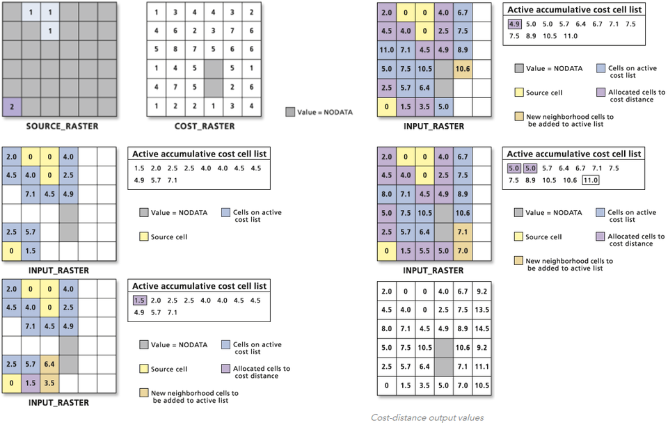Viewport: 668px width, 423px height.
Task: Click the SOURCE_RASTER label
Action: point(62,126)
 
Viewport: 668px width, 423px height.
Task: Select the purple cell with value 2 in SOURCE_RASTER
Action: point(11,106)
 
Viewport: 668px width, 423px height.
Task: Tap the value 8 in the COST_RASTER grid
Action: point(176,49)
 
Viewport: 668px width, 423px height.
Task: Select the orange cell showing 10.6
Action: point(462,68)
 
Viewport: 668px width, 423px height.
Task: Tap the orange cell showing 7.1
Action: point(462,230)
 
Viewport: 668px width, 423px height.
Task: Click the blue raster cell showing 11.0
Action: point(387,49)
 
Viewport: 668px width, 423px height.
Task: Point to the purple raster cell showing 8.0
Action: point(387,193)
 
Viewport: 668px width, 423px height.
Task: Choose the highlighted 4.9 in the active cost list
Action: point(516,24)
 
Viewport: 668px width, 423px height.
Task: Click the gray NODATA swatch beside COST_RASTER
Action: point(290,111)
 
